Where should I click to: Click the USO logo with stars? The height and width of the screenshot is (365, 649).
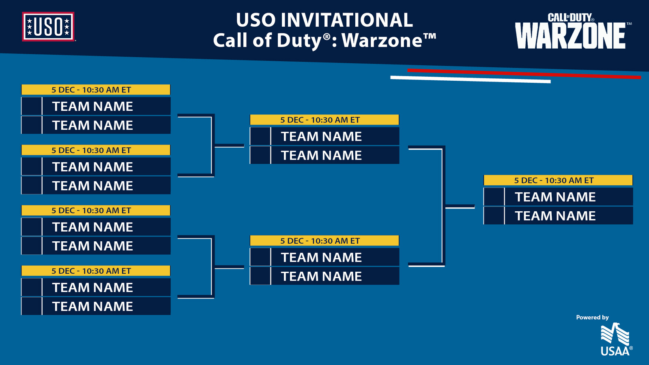point(48,27)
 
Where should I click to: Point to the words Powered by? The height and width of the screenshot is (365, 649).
point(592,317)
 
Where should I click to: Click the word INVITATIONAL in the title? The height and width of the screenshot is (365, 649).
point(346,20)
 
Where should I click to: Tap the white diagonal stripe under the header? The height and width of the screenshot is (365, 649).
point(470,79)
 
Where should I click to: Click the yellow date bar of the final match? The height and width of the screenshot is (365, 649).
point(558,180)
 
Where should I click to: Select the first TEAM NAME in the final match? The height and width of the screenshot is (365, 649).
point(555,197)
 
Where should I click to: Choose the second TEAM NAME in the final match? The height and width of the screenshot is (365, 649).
point(555,216)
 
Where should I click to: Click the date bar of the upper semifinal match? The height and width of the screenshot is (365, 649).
point(324,120)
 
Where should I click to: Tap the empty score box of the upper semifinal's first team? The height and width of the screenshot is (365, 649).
point(260,136)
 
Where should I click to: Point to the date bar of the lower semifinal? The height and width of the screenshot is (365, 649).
point(324,240)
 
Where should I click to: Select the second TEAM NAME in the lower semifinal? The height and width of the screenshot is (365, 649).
point(321,276)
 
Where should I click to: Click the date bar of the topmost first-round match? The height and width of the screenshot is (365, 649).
point(96,90)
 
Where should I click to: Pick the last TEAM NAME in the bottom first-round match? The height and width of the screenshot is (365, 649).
point(92,306)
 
